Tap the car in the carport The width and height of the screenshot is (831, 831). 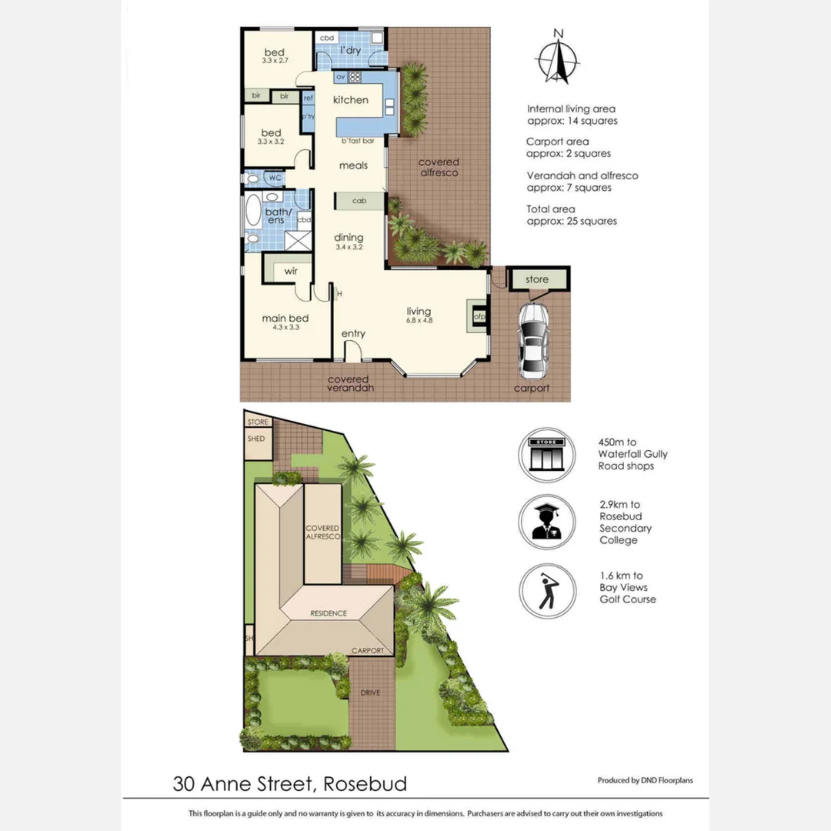coord(533,340)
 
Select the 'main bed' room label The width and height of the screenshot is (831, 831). coord(285,319)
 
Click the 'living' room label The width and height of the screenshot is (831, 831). coord(419,311)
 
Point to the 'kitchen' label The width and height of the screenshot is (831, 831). coord(350,100)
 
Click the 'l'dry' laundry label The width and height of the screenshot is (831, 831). coord(350,51)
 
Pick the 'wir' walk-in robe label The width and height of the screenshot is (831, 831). coord(291,271)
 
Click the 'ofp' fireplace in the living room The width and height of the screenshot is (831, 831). coord(478,315)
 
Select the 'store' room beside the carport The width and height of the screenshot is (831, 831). coord(537,279)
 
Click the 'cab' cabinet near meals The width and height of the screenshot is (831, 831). coord(359,201)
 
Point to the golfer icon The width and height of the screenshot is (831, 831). coord(547,592)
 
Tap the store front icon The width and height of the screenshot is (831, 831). coord(547,455)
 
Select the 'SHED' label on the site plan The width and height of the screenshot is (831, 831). coord(256,439)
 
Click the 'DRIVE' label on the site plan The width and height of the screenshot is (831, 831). coord(371,693)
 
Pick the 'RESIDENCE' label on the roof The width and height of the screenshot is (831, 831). coord(329,613)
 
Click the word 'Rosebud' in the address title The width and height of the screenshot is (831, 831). coord(365,784)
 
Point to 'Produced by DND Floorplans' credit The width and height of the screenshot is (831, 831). coord(645,780)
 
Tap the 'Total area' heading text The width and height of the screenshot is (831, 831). coord(550,209)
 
